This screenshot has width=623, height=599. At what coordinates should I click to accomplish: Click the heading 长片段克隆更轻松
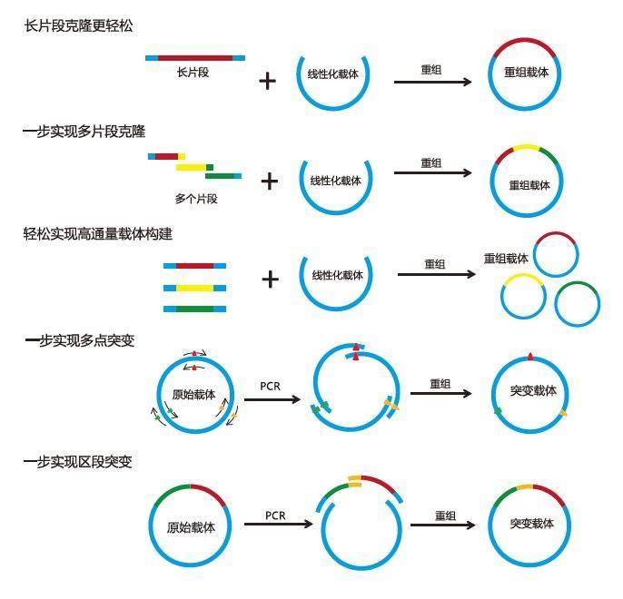coord(78,25)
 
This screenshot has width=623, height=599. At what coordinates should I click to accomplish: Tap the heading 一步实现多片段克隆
coord(84,132)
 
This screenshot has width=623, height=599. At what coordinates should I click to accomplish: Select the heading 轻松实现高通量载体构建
coord(97,234)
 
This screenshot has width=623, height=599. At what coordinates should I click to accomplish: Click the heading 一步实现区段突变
coord(78,462)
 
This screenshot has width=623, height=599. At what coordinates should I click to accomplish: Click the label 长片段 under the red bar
coord(193,73)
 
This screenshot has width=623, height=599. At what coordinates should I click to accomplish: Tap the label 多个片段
coord(196,198)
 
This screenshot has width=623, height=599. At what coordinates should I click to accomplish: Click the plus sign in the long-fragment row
coord(267,81)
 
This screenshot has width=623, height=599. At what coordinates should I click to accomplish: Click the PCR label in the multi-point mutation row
coord(271,386)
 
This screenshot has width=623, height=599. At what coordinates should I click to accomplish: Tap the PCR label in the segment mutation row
coord(276,516)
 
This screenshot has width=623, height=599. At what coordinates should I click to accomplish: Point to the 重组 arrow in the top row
coord(432,82)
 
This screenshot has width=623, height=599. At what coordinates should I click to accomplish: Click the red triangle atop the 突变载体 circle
coord(530,357)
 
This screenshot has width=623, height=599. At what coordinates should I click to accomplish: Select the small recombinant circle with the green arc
coord(577,303)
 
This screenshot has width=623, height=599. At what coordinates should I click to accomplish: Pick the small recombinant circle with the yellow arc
coord(523,296)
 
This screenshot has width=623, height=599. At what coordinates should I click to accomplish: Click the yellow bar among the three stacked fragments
coord(194,288)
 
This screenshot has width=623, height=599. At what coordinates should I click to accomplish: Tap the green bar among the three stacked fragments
coord(194,309)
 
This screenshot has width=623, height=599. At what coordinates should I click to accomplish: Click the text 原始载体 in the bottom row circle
coord(191,527)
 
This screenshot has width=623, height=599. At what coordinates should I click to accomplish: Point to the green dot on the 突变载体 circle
coord(498,411)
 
